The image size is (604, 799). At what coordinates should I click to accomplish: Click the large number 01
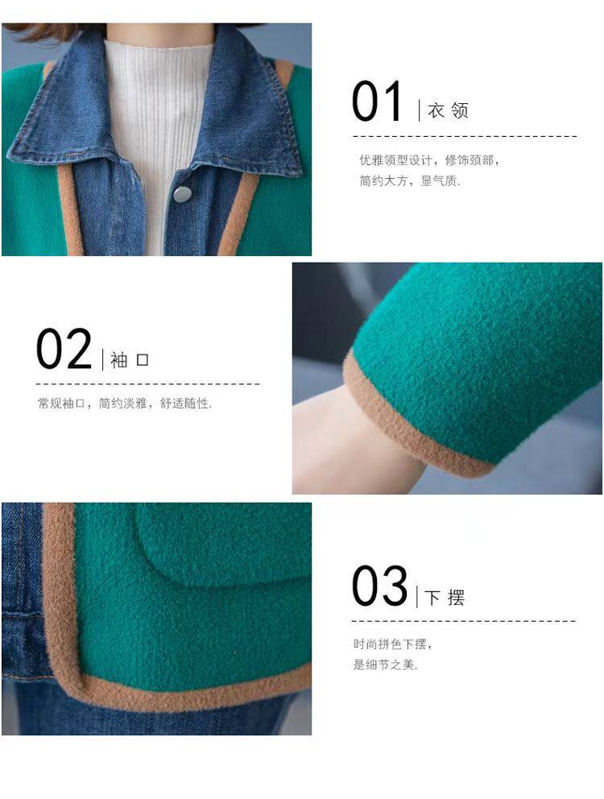(x=377, y=101)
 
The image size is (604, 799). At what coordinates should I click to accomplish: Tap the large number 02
(x=64, y=349)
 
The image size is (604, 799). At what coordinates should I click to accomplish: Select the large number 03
(x=380, y=586)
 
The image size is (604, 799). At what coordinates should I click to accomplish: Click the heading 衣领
(x=448, y=110)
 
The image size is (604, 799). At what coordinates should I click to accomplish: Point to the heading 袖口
(x=130, y=360)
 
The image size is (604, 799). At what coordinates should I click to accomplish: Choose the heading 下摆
(x=445, y=597)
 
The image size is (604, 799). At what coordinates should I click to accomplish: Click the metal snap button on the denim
(x=183, y=193)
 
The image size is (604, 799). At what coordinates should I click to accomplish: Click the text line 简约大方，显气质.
(x=410, y=181)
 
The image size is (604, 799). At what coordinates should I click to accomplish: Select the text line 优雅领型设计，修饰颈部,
(x=429, y=160)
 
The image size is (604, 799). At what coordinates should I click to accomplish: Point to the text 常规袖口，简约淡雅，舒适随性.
(x=124, y=404)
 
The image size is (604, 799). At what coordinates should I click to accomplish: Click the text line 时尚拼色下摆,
(x=392, y=644)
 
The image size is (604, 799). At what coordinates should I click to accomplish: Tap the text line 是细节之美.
(x=385, y=664)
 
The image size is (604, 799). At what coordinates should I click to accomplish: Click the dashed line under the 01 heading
(x=465, y=137)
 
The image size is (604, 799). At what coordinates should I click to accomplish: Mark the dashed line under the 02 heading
(x=148, y=383)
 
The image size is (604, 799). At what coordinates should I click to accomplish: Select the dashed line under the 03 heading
(x=463, y=621)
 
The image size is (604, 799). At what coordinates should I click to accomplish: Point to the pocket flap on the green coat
(x=224, y=545)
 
